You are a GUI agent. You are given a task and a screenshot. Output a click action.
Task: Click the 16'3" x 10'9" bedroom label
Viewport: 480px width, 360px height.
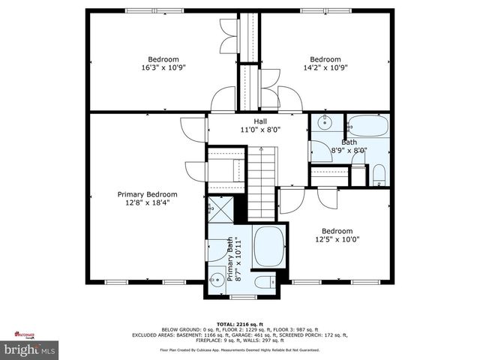coord(163,63)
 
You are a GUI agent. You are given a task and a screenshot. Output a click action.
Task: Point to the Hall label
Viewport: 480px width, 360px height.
coord(260,125)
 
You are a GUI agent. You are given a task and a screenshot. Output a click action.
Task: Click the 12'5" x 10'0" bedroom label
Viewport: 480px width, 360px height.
coord(337,235)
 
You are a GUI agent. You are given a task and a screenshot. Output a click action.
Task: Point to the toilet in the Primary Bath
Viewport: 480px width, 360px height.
coord(263,283)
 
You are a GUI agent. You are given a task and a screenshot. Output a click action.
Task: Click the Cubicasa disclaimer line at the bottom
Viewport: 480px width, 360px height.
coord(240,349)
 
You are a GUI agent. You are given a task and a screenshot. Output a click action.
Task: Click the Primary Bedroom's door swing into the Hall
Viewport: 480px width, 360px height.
coord(193,127)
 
